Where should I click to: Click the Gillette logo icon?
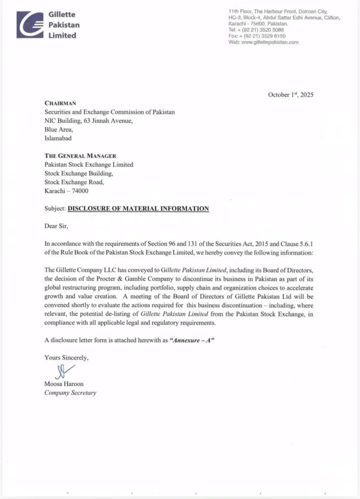(x=30, y=24)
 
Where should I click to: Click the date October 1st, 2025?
(x=291, y=95)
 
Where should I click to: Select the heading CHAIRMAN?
(x=60, y=103)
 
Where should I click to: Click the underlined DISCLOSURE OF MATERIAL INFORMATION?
(x=138, y=209)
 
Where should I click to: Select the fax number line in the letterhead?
(x=257, y=36)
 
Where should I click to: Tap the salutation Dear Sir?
(x=57, y=226)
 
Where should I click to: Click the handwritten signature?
(x=62, y=372)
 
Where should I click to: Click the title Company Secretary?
(x=70, y=393)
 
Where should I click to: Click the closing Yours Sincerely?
(x=67, y=358)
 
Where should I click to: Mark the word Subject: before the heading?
(x=55, y=209)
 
